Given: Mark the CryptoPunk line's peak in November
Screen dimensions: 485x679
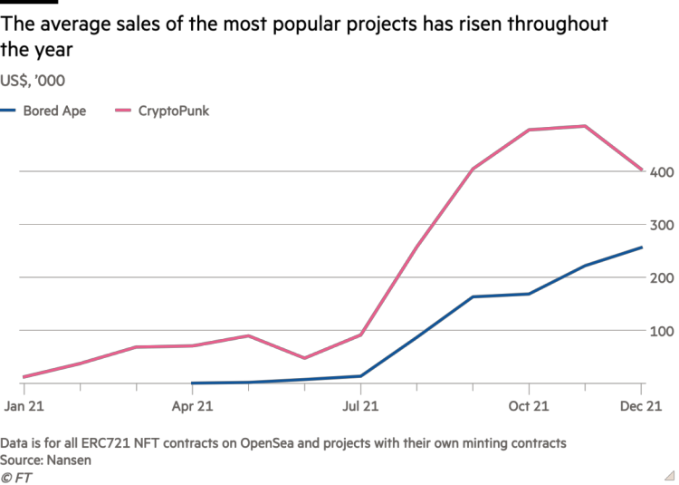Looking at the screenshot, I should [586, 126].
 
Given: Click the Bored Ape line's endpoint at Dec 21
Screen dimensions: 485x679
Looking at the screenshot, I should [642, 247].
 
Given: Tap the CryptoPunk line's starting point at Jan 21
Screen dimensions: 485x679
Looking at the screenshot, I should [24, 376].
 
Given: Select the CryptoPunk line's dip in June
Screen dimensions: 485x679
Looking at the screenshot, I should [304, 358].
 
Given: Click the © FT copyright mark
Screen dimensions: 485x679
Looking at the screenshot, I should [17, 477].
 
